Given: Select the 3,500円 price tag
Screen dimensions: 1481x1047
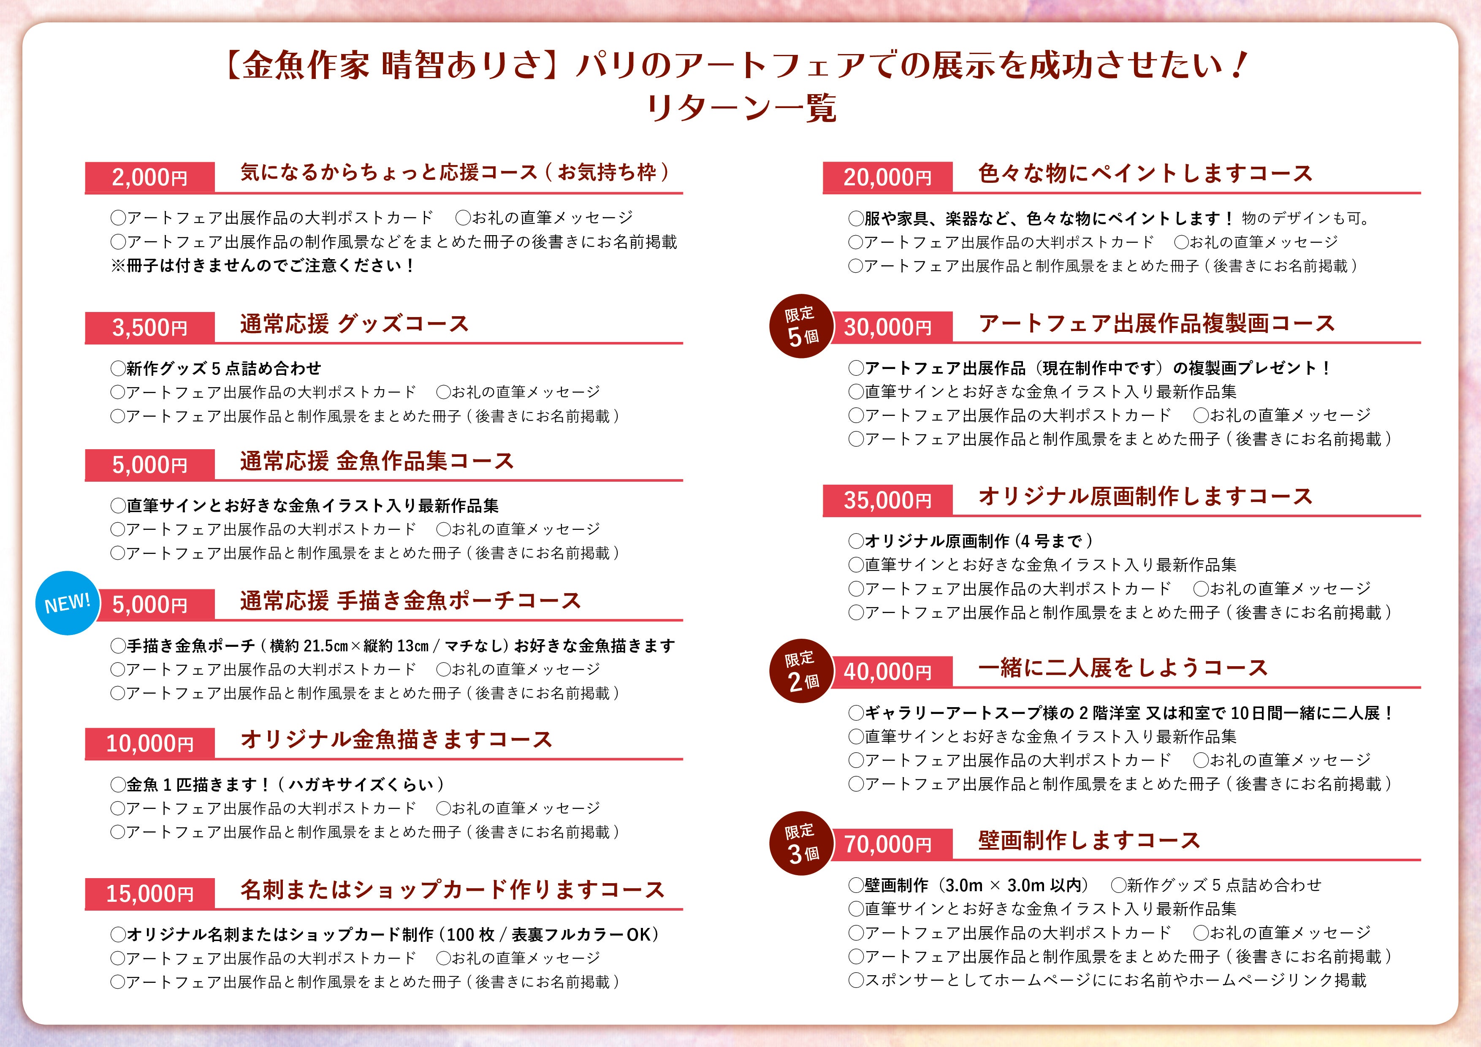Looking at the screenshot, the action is [149, 327].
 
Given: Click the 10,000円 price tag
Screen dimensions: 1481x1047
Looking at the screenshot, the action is [149, 743].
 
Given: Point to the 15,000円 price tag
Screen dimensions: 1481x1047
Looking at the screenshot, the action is [149, 893].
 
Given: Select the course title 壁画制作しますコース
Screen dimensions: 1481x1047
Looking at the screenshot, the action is [1089, 840].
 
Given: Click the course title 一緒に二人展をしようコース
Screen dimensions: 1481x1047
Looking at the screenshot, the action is [1123, 668].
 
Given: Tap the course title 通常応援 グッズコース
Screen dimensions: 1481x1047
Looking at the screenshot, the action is [354, 323].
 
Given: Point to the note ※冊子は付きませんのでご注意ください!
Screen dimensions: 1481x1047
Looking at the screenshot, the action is [262, 265].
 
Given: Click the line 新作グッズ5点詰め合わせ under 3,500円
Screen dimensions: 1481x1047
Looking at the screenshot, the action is [215, 369].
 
